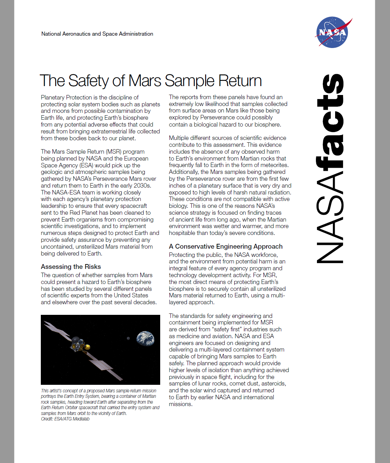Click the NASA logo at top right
point(332,32)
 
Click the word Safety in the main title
point(88,81)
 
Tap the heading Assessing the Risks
point(71,266)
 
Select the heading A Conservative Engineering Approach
point(226,246)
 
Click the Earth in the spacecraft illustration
point(145,338)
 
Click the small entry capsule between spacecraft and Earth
point(128,339)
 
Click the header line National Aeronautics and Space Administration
point(97,34)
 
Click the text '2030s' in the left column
point(142,186)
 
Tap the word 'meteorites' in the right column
point(274,165)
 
